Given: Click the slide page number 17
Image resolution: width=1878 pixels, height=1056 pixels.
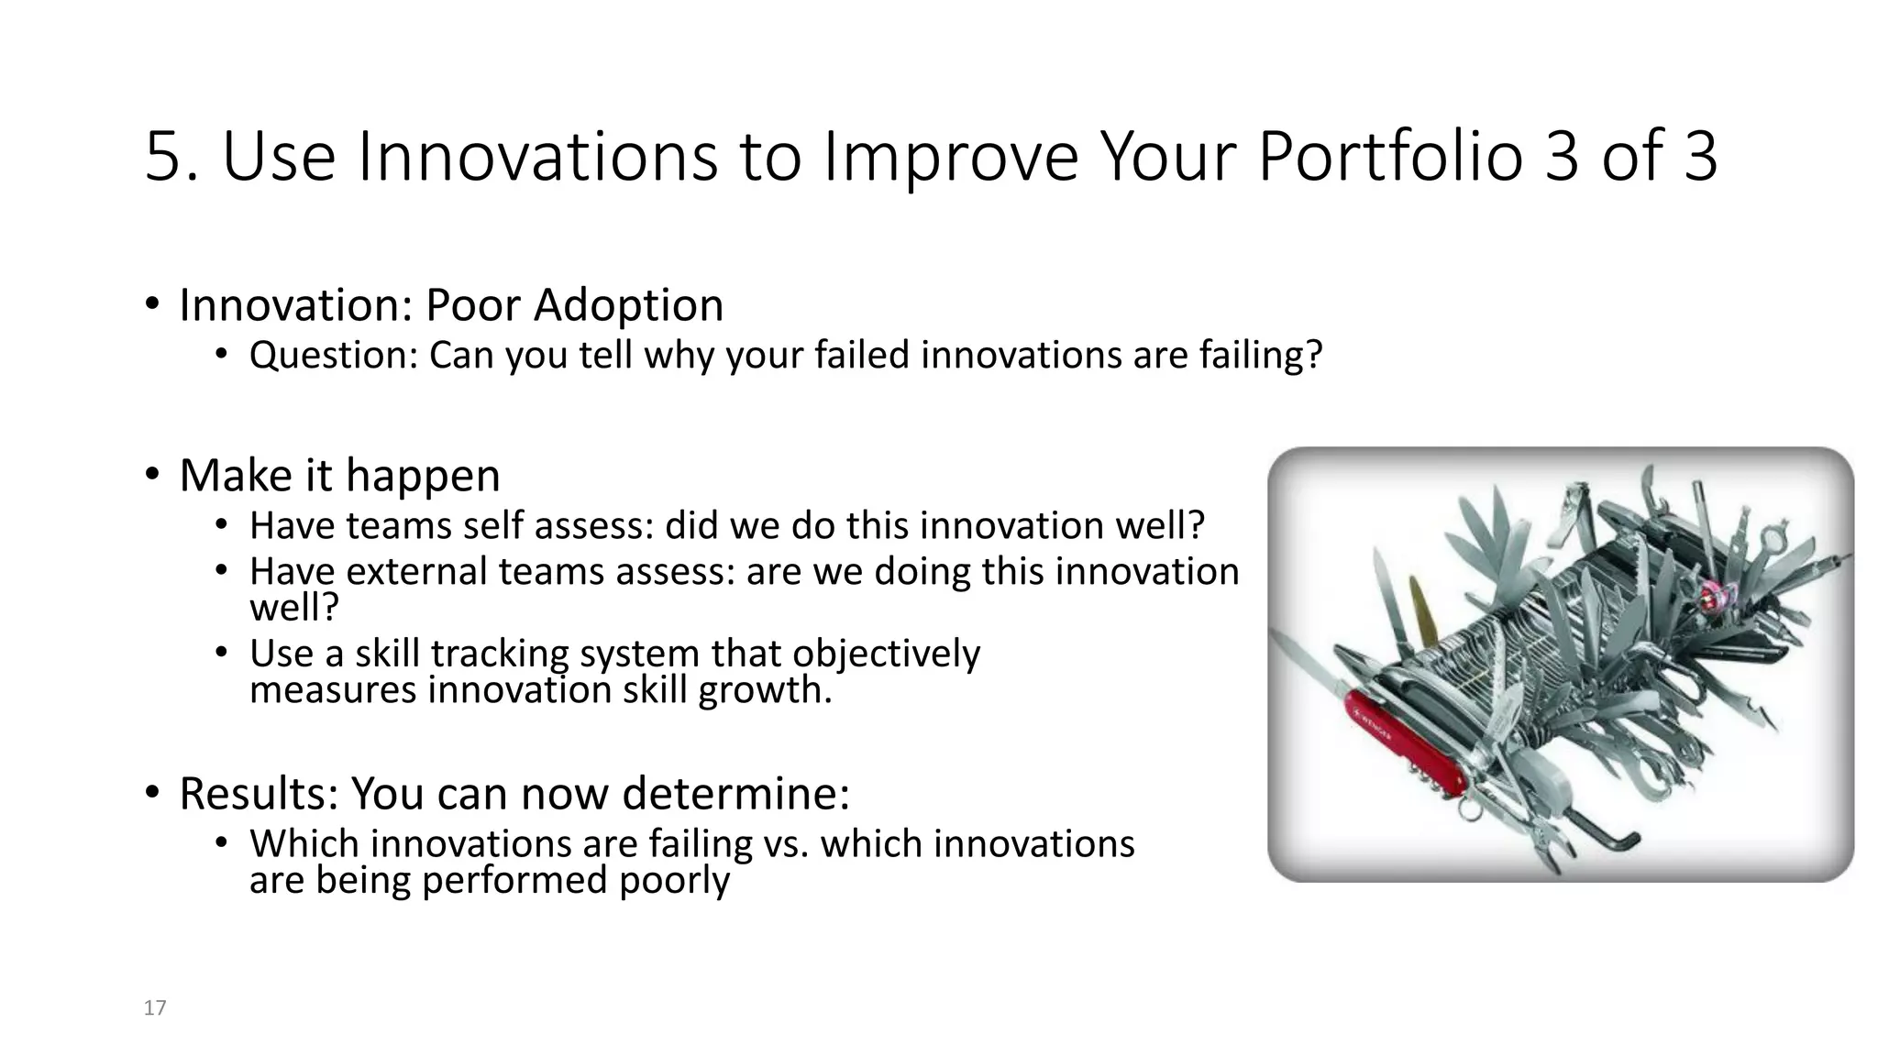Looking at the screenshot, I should [155, 1008].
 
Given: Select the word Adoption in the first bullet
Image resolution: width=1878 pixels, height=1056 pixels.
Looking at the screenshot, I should [628, 305].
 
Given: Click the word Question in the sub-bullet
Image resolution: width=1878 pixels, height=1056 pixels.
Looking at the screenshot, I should [333, 356].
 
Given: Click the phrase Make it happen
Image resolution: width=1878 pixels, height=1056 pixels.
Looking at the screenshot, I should [339, 476].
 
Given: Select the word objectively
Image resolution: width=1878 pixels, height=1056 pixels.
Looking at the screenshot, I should [886, 654].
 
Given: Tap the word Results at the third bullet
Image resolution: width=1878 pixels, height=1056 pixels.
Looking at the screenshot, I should [258, 794].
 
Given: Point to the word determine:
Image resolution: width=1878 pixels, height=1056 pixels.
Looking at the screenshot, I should [735, 794].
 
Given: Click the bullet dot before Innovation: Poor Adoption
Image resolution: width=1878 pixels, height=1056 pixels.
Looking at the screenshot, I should [152, 305].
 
